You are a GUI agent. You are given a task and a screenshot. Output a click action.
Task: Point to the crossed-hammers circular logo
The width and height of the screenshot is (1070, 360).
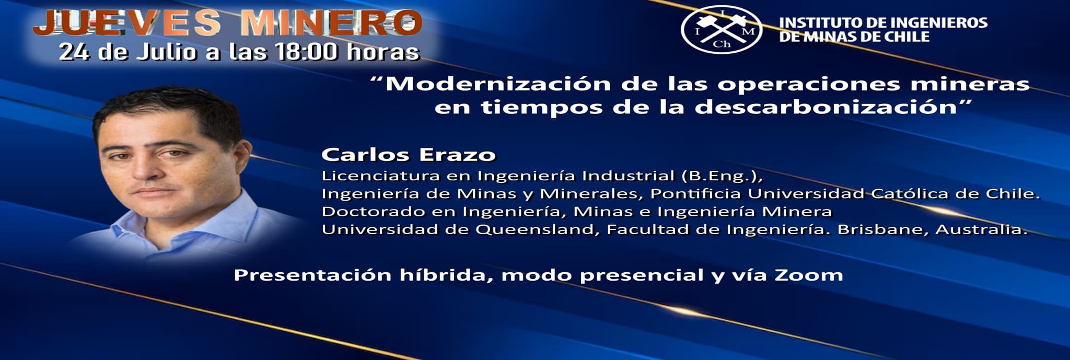722,29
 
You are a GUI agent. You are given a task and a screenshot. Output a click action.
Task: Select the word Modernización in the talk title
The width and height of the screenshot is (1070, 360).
498,84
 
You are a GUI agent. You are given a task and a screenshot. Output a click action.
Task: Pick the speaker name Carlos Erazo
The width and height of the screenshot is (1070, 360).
409,155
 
